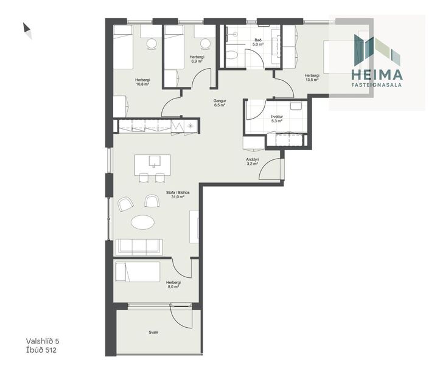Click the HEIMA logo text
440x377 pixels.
[377, 75]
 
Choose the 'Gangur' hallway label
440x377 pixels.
[220, 100]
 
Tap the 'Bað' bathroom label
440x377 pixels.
[258, 40]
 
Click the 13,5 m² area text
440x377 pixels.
[312, 80]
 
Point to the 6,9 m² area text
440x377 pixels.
[197, 61]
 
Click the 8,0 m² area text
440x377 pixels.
[173, 286]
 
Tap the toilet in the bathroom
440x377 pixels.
[231, 56]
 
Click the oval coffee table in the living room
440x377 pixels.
[144, 223]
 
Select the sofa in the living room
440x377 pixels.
[139, 246]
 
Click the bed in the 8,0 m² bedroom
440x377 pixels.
[138, 271]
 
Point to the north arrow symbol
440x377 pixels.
[27, 30]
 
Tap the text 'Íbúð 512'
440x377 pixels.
[41, 350]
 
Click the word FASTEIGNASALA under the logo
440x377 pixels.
[377, 86]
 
